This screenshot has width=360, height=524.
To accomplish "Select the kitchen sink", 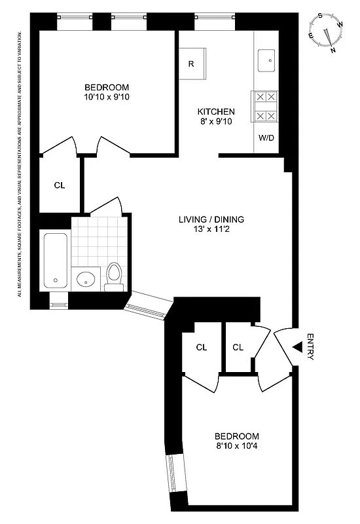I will coord(268,59).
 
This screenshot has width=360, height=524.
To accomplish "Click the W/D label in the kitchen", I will coord(266,138).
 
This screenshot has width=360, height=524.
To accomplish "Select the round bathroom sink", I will coord(86,280).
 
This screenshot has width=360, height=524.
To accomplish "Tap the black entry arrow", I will coord(297,347).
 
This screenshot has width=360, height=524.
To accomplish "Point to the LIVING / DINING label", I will coord(207,219).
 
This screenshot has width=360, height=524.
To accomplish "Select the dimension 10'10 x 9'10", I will coord(107,98).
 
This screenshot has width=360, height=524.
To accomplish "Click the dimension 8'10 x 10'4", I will coord(237,447).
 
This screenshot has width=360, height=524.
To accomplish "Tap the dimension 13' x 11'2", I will coord(207,230).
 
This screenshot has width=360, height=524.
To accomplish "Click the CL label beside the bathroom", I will coord(60,185).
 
